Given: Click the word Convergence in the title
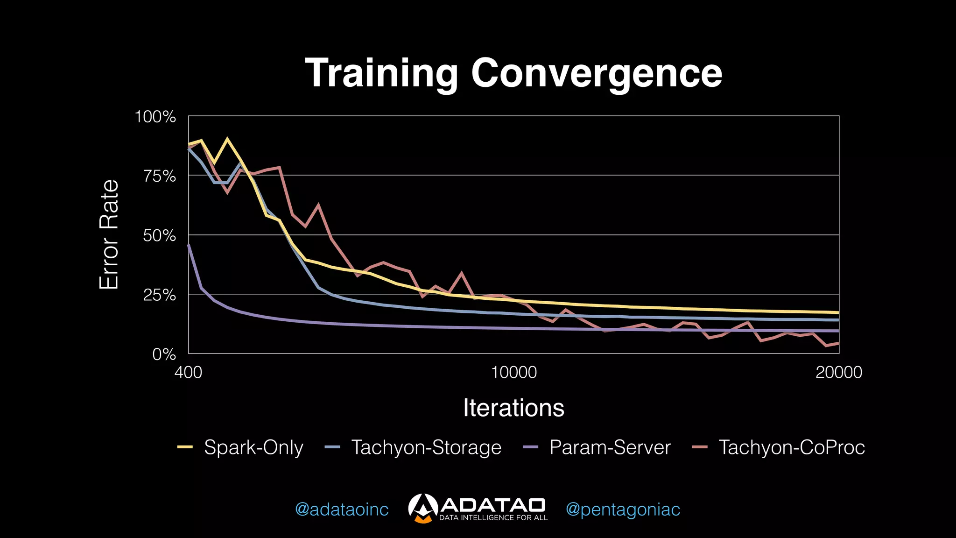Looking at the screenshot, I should point(597,74).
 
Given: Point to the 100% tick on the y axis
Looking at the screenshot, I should point(155,117).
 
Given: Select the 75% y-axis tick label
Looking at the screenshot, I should point(159,176).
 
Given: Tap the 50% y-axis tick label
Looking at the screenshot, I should point(159,235).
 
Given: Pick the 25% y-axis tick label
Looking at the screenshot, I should point(159,295).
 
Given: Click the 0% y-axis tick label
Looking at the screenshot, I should point(164,354).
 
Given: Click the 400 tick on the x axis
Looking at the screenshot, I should point(188,372).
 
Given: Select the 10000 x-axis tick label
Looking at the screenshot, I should point(513,372).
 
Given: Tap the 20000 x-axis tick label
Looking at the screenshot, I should point(839,372).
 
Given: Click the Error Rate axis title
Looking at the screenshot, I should point(109,234).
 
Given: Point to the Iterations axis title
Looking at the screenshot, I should point(513,408).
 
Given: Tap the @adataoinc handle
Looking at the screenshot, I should point(342,509).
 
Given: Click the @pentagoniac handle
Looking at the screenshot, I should point(623,509).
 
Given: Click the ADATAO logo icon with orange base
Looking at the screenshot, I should point(423,508).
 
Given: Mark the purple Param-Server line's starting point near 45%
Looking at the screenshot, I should point(189,245).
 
